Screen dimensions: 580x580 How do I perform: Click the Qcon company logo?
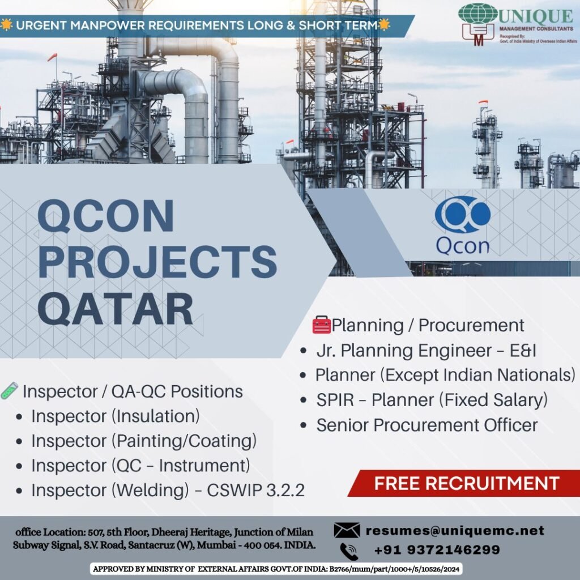pyautogui.click(x=462, y=225)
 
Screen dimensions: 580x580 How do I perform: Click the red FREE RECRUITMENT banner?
pyautogui.click(x=464, y=483)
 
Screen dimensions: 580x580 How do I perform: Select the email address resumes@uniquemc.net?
pyautogui.click(x=455, y=530)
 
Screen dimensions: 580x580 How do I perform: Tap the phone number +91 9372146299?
pyautogui.click(x=437, y=549)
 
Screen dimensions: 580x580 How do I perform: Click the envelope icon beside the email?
pyautogui.click(x=347, y=530)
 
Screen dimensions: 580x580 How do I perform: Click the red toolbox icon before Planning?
pyautogui.click(x=322, y=325)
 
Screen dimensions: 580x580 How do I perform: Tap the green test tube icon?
pyautogui.click(x=9, y=391)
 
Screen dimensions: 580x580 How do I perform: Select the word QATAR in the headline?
pyautogui.click(x=116, y=309)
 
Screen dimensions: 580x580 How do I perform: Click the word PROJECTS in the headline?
pyautogui.click(x=157, y=262)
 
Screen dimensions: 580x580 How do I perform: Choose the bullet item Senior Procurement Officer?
pyautogui.click(x=427, y=425)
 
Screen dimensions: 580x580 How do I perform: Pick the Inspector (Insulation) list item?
pyautogui.click(x=116, y=416)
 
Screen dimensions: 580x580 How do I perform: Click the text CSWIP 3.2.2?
pyautogui.click(x=255, y=490)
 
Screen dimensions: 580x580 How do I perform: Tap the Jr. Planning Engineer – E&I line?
pyautogui.click(x=426, y=350)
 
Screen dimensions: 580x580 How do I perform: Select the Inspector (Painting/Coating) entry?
pyautogui.click(x=144, y=441)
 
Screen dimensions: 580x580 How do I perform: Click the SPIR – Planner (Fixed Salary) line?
pyautogui.click(x=432, y=400)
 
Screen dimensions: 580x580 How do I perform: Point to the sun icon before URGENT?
pyautogui.click(x=6, y=25)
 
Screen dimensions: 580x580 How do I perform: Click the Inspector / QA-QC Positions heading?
pyautogui.click(x=133, y=391)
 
